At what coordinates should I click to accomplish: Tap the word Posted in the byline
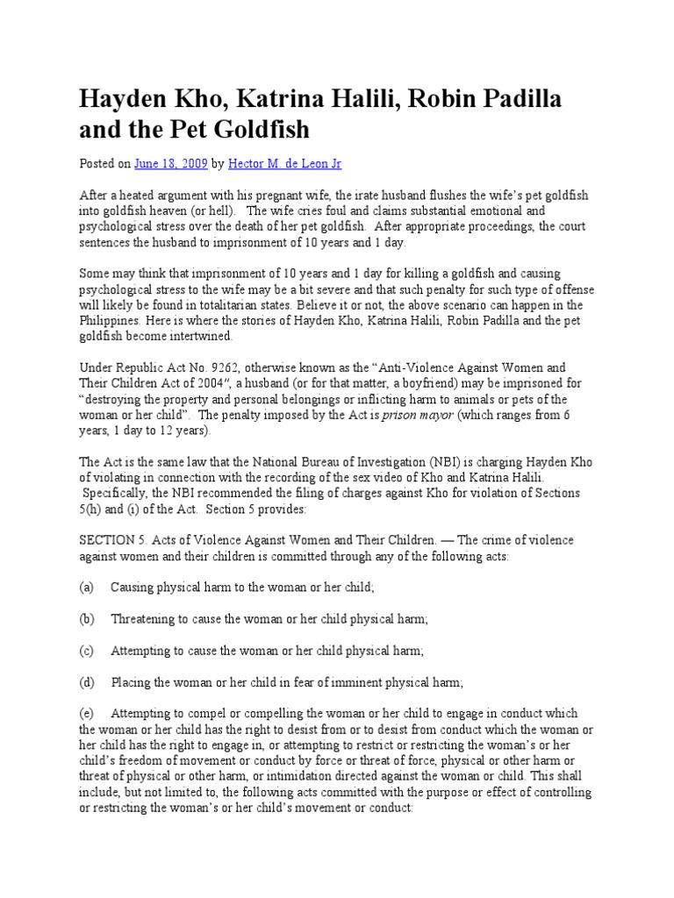pos(97,163)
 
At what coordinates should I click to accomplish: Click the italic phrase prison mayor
pos(419,416)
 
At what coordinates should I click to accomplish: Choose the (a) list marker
pos(87,588)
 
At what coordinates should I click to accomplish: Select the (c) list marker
pos(87,650)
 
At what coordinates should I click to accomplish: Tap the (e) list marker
pos(87,713)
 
